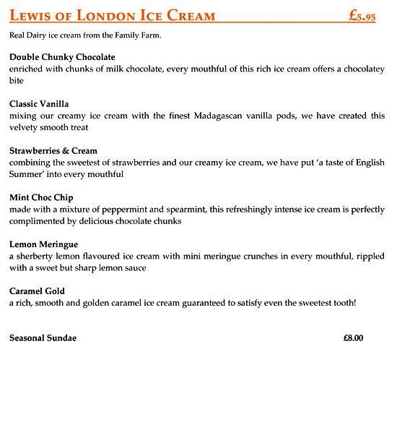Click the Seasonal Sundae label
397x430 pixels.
43,337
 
